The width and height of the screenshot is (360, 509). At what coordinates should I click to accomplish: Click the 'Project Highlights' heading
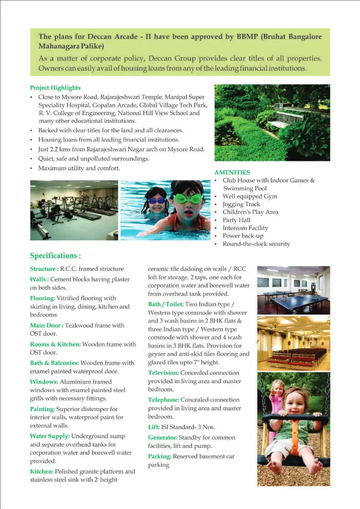[x=55, y=88]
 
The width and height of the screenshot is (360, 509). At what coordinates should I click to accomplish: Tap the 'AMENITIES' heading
[x=232, y=172]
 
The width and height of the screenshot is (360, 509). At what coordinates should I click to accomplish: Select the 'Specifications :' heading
[x=55, y=256]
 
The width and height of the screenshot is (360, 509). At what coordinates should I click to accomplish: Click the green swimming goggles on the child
[x=188, y=198]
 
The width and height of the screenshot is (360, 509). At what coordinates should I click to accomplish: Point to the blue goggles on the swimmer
[x=157, y=200]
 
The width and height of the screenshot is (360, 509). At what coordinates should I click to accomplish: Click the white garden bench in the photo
[x=286, y=119]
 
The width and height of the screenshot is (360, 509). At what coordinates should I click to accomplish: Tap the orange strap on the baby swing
[x=295, y=435]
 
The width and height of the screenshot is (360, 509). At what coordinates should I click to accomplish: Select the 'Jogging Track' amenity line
[x=241, y=204]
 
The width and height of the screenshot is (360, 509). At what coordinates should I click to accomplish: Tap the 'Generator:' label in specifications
[x=163, y=438]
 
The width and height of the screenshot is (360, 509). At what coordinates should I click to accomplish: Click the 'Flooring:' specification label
[x=42, y=298]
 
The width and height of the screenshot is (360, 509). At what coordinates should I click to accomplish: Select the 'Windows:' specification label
[x=44, y=382]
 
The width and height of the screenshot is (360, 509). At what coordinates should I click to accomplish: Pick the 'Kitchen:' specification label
[x=41, y=471]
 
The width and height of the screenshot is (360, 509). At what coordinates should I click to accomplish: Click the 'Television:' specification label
[x=163, y=373]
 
